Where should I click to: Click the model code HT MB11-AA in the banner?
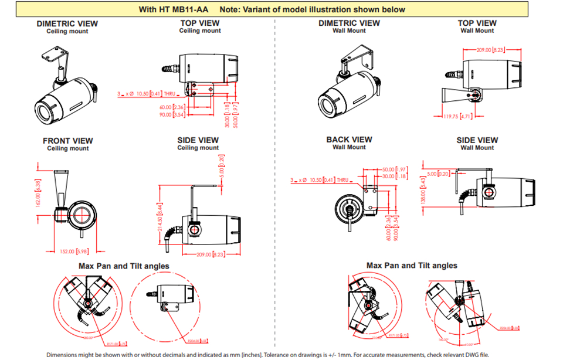coord(188,9)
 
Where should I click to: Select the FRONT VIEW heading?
coord(67,141)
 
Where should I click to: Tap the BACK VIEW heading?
coord(349,140)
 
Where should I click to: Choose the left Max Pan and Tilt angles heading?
coord(124,266)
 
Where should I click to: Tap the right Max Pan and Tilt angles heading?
coord(412,266)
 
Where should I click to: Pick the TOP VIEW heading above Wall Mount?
coord(477,23)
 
